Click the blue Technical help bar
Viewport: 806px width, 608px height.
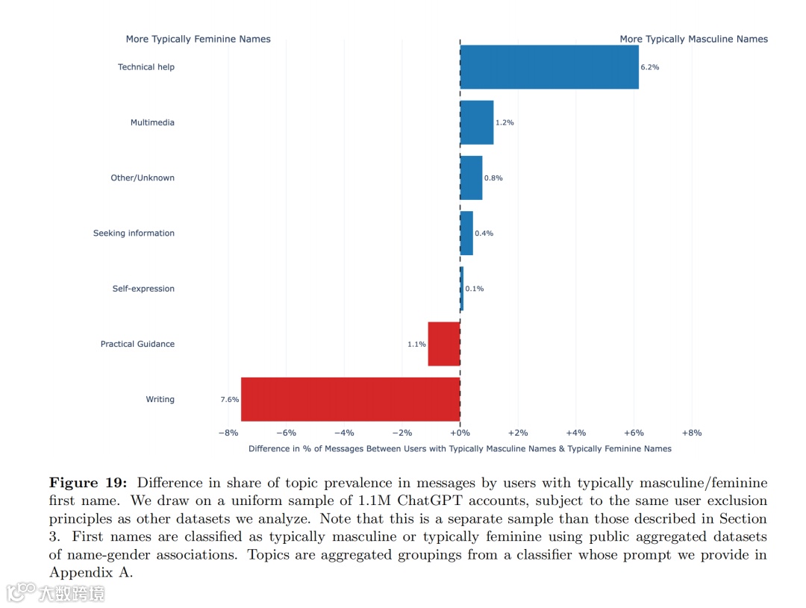tap(549, 67)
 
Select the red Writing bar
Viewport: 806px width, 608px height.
tap(350, 399)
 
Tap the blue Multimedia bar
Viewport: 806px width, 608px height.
tap(477, 122)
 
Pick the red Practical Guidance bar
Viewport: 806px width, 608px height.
tap(444, 344)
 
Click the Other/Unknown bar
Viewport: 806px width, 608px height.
tap(471, 178)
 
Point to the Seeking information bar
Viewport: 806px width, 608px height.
tap(466, 233)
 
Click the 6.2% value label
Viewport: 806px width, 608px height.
tap(649, 67)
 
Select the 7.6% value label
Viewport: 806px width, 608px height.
tap(229, 400)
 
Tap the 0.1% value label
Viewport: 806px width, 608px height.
tap(474, 289)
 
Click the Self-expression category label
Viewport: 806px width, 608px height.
tap(143, 289)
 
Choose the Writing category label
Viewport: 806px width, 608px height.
tap(160, 400)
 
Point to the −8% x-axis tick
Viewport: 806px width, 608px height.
tap(228, 433)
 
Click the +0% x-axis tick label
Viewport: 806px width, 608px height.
tap(460, 433)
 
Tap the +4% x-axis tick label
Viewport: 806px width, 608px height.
tap(575, 433)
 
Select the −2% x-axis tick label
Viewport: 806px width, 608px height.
tap(402, 433)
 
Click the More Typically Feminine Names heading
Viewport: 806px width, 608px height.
tap(198, 39)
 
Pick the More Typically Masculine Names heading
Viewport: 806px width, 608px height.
tap(693, 39)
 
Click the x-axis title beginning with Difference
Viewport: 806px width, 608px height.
tap(460, 449)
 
